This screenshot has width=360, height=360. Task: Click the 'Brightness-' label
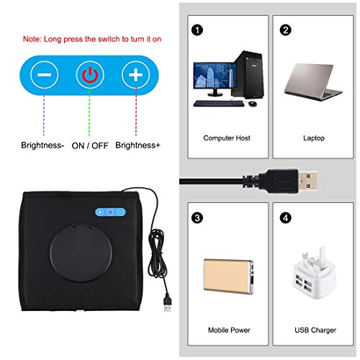43,145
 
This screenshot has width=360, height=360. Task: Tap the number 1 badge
197,30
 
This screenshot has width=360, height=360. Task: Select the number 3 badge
197,216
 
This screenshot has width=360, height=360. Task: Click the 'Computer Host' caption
226,138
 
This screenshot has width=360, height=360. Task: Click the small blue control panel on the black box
108,213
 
